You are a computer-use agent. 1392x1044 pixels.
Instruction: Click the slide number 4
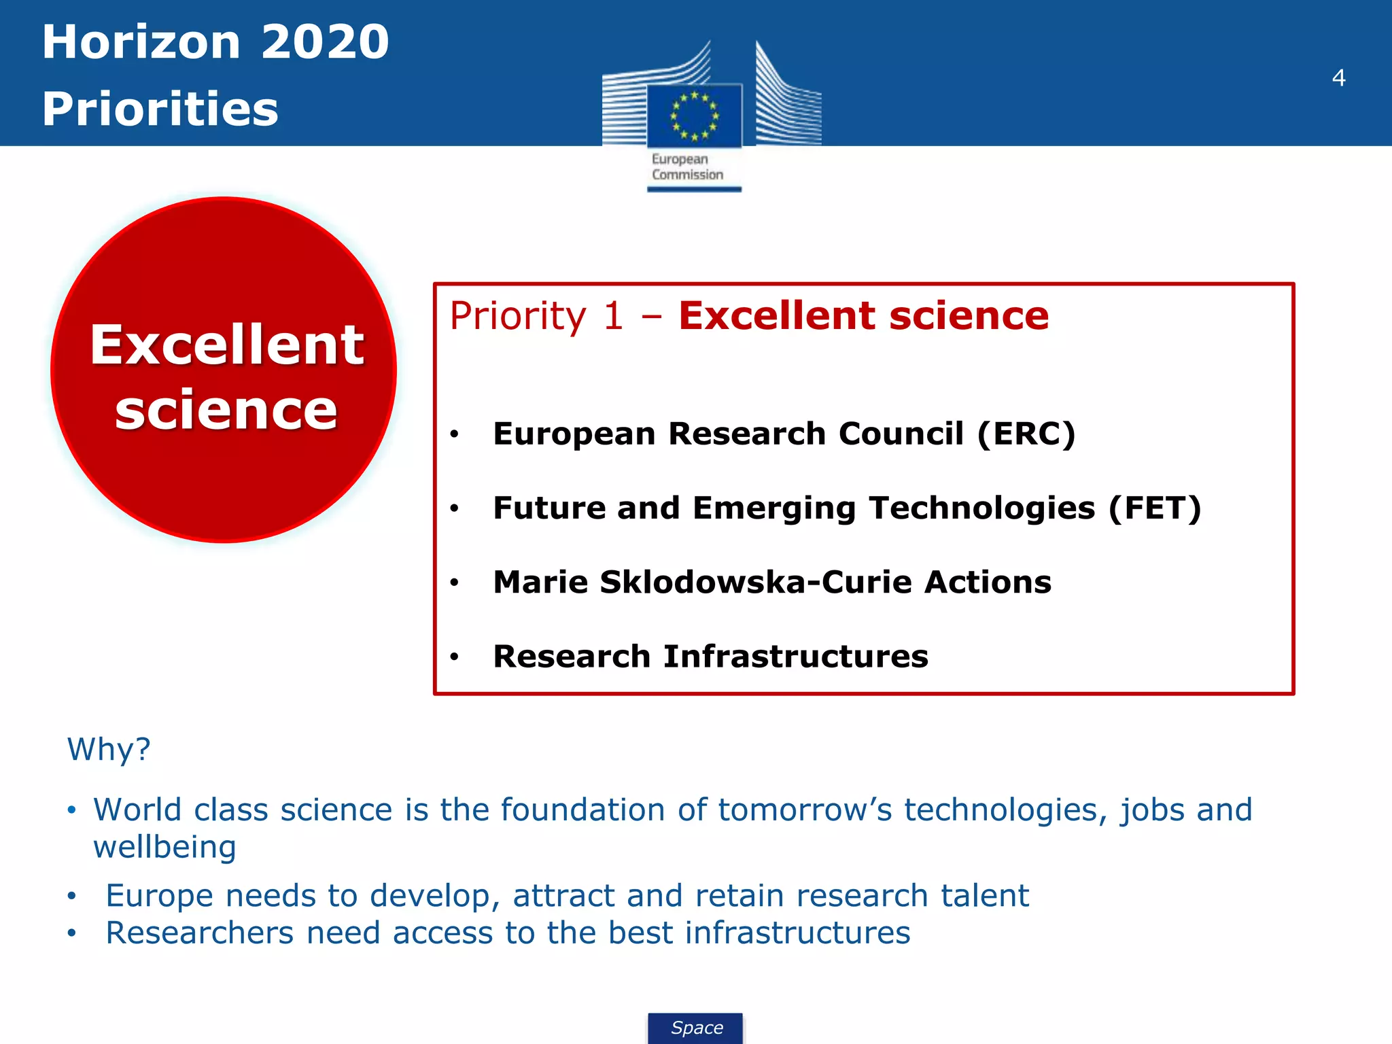click(x=1338, y=78)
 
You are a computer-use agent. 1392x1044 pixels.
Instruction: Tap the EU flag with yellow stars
click(x=694, y=116)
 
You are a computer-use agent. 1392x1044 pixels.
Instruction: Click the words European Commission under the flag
click(x=687, y=167)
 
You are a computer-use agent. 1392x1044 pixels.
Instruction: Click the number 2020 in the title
click(x=325, y=42)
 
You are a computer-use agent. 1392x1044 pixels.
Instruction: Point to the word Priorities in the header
click(x=160, y=109)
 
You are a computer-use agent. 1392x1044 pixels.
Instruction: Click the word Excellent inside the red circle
click(x=227, y=345)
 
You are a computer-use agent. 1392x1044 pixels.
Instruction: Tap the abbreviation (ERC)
click(x=1026, y=434)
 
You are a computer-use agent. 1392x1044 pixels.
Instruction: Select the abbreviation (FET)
click(x=1155, y=508)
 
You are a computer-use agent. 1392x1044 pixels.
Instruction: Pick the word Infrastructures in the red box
click(x=795, y=657)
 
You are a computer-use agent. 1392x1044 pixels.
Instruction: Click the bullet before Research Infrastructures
click(x=455, y=657)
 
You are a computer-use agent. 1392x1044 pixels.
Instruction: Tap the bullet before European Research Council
click(x=455, y=434)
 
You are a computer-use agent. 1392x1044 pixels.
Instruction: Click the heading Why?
click(x=109, y=750)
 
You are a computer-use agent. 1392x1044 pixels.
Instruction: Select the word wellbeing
click(x=164, y=848)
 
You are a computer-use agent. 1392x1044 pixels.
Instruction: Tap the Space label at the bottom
click(x=697, y=1028)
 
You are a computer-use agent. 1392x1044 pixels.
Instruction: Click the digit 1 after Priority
click(x=613, y=317)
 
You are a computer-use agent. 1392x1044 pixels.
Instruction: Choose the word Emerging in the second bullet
click(x=774, y=508)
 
